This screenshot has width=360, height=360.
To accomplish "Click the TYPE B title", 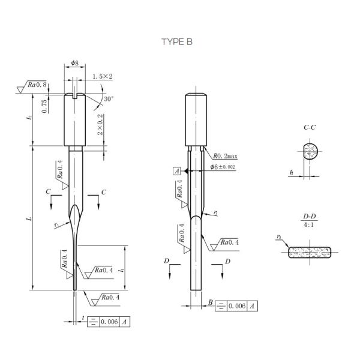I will (177, 41).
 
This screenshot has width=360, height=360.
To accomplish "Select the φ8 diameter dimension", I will (74, 63).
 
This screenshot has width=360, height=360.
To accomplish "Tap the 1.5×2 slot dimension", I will (103, 76).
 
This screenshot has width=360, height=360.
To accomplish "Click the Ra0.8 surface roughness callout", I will (38, 85).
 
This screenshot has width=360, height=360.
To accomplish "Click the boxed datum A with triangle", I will (177, 171).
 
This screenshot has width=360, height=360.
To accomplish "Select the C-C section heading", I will (310, 128).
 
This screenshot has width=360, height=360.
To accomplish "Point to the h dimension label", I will (291, 173).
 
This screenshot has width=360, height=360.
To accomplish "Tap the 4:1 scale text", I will (310, 226).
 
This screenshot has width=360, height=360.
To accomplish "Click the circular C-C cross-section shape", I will (311, 152).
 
